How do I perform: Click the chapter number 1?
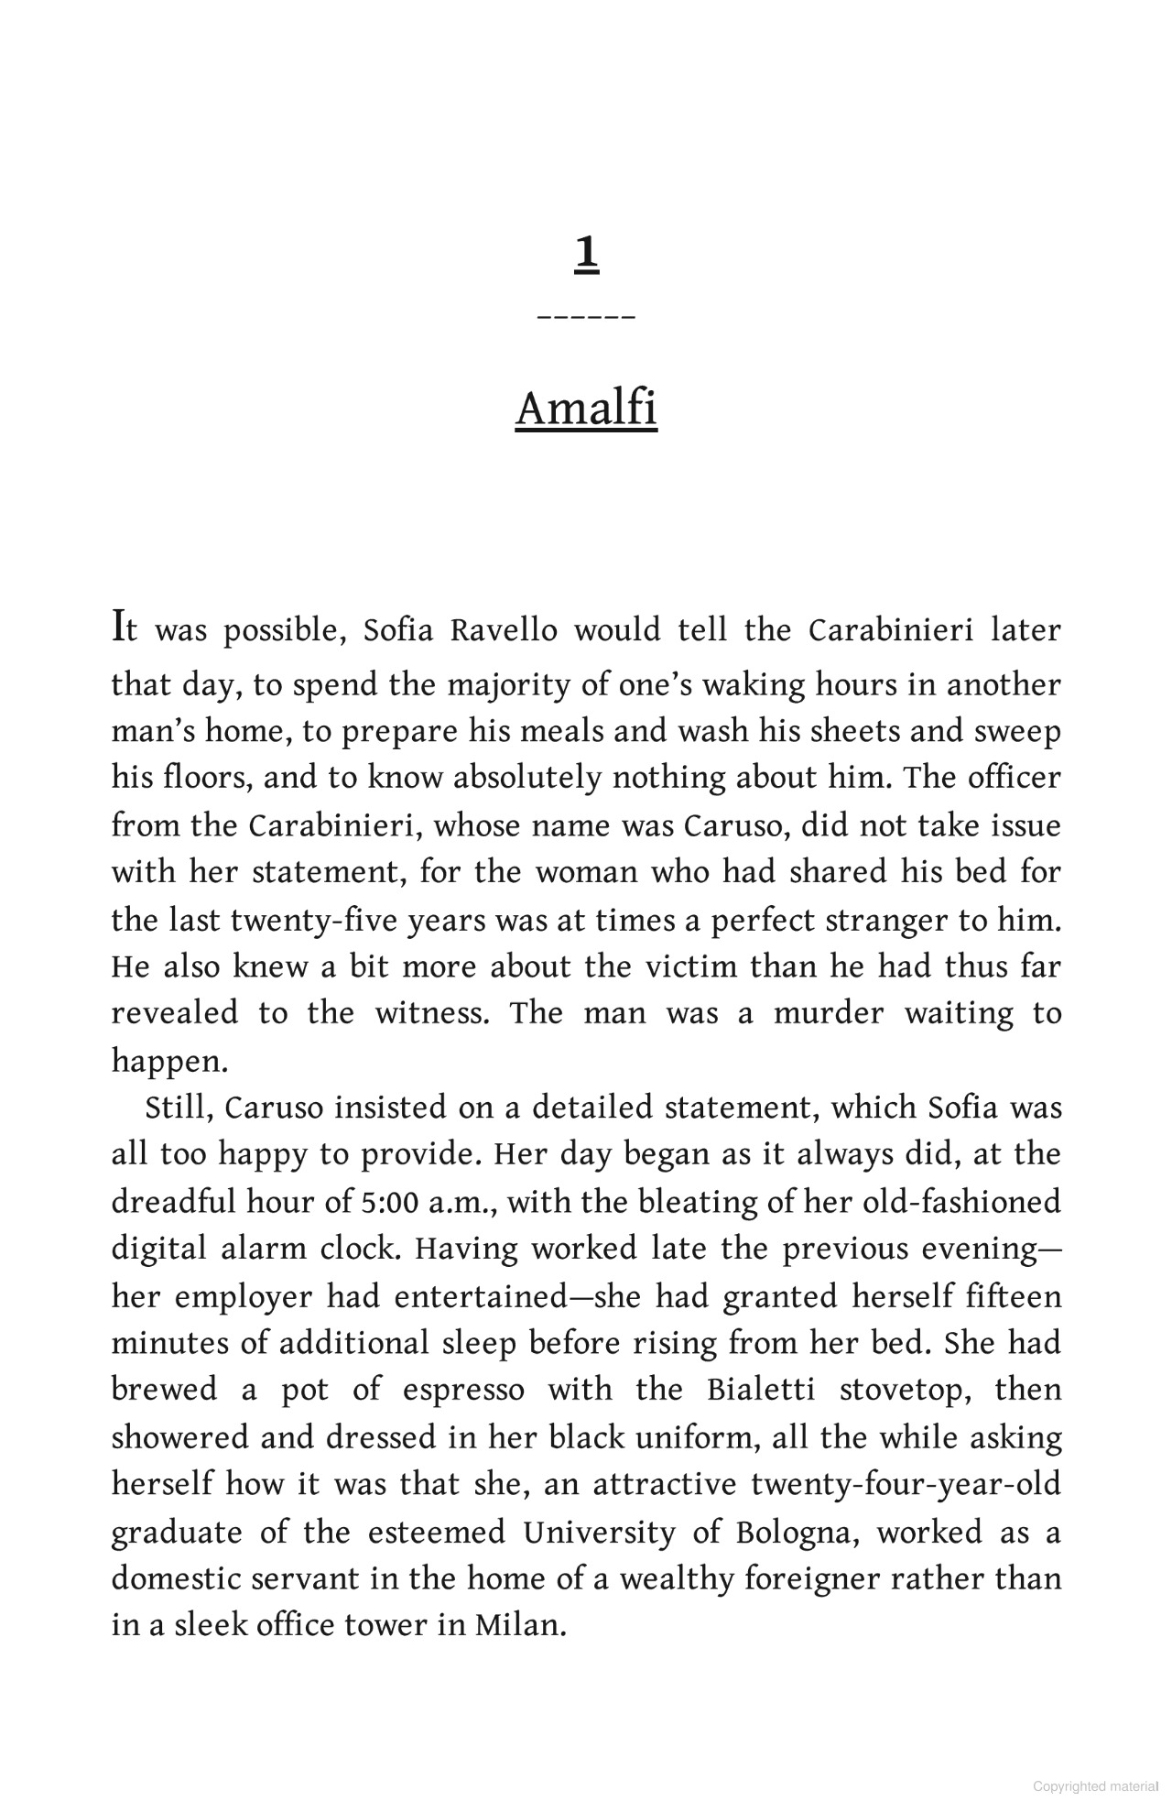pyautogui.click(x=586, y=254)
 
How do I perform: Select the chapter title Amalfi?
pyautogui.click(x=586, y=409)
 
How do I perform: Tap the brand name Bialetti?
pyautogui.click(x=761, y=1390)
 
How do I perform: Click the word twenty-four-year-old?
pyautogui.click(x=906, y=1484)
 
